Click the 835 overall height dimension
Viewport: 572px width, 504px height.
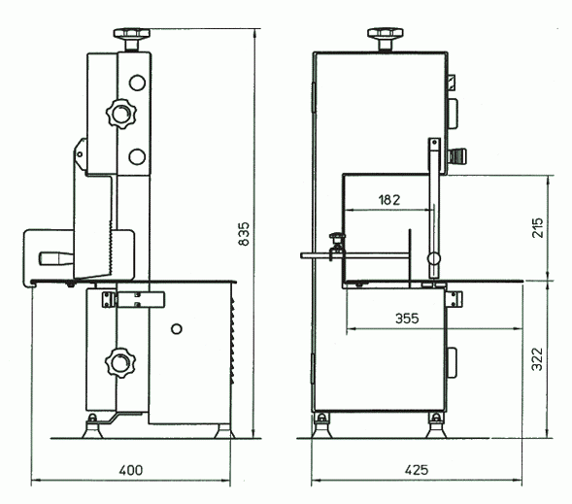(244, 234)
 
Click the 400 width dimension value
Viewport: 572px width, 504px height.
(131, 470)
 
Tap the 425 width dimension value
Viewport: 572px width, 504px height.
(417, 470)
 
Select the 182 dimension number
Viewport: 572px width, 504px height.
(389, 200)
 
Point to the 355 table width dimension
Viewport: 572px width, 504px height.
(407, 319)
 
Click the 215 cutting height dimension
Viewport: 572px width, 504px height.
(537, 228)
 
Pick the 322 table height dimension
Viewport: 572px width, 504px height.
(537, 359)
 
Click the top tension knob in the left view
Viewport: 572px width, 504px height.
(132, 39)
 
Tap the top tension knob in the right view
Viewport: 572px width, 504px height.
(386, 39)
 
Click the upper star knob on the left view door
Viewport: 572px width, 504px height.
(120, 114)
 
